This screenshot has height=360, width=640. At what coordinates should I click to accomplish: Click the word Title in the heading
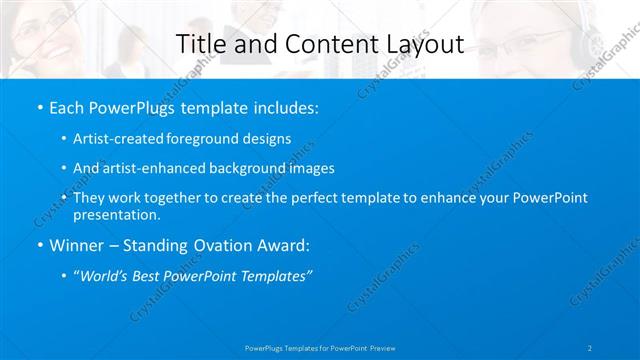200,44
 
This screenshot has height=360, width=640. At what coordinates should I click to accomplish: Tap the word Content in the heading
320,44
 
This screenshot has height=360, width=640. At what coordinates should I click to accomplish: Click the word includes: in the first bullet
283,107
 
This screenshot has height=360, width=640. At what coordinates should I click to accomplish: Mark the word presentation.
116,214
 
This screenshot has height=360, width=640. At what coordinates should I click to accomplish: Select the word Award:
287,245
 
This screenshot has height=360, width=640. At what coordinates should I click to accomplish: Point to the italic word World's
109,276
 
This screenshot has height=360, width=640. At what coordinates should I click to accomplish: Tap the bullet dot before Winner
39,245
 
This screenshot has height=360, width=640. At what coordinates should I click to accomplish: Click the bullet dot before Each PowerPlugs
39,107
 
